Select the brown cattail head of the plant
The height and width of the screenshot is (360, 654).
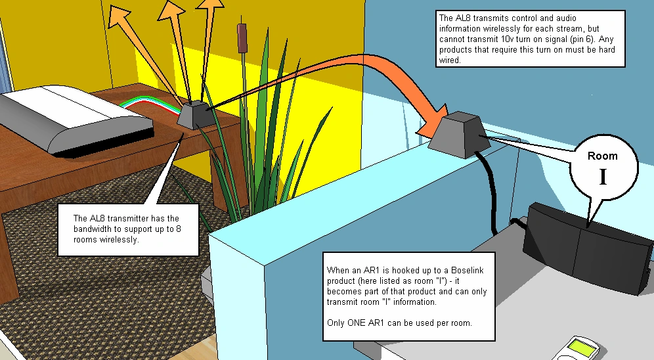click(x=242, y=37)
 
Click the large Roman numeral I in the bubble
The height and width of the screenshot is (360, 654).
click(x=602, y=176)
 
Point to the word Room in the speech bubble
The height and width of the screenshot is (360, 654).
click(x=603, y=156)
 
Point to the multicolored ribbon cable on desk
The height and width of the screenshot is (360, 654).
click(x=158, y=104)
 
